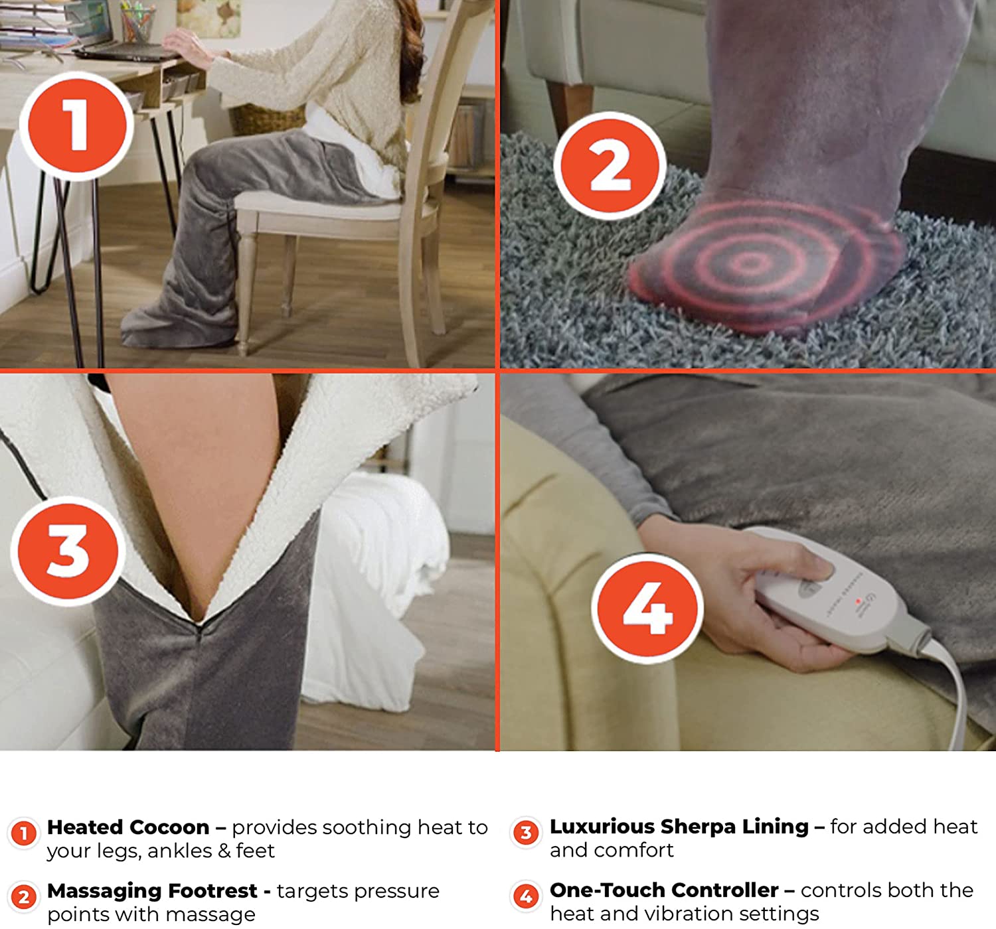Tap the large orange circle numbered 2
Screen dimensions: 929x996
(x=610, y=166)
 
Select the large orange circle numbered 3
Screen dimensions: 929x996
(x=68, y=550)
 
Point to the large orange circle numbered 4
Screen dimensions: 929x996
(x=647, y=608)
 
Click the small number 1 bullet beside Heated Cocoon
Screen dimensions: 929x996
(x=24, y=833)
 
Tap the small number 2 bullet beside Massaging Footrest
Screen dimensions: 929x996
(x=24, y=897)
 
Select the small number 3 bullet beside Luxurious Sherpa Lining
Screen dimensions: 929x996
(x=526, y=833)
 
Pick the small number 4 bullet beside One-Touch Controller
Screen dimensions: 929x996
(x=526, y=896)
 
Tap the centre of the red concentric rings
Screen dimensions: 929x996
(x=750, y=263)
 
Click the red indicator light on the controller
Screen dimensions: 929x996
(x=859, y=601)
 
